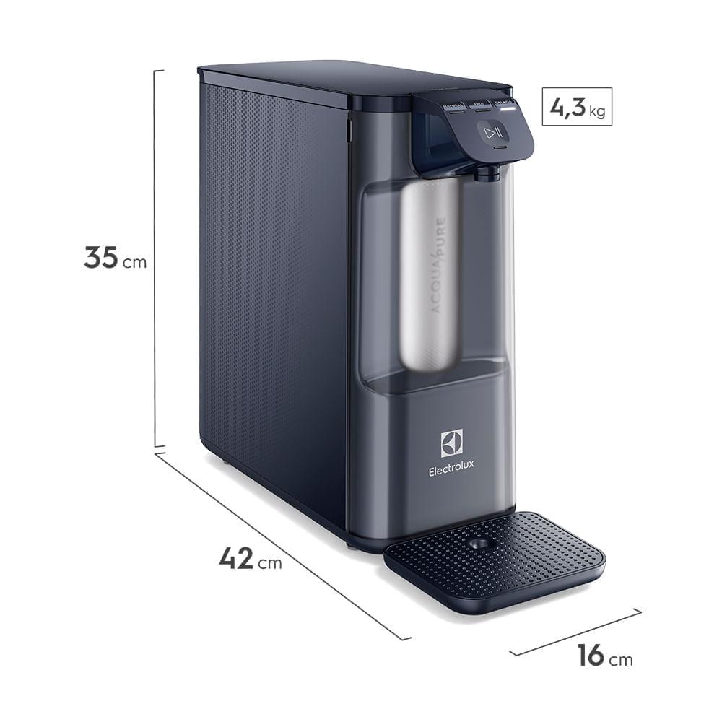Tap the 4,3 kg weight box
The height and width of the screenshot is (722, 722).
coord(577,107)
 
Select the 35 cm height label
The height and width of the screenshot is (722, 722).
coord(115,258)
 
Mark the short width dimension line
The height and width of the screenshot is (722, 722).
coord(575,632)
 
